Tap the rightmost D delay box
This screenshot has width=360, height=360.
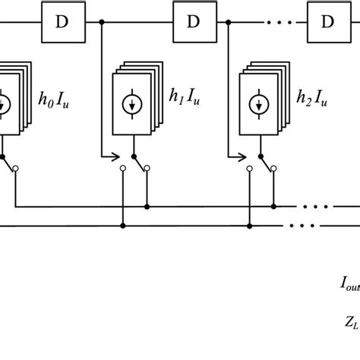tap(327, 22)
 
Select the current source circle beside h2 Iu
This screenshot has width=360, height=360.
tap(261, 104)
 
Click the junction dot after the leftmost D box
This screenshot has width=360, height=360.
tap(102, 23)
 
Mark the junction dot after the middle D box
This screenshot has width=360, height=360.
tap(230, 23)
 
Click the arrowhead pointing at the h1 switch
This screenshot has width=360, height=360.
tap(117, 158)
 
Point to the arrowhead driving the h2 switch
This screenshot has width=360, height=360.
tap(245, 158)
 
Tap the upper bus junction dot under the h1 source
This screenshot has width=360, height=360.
tap(147, 206)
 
